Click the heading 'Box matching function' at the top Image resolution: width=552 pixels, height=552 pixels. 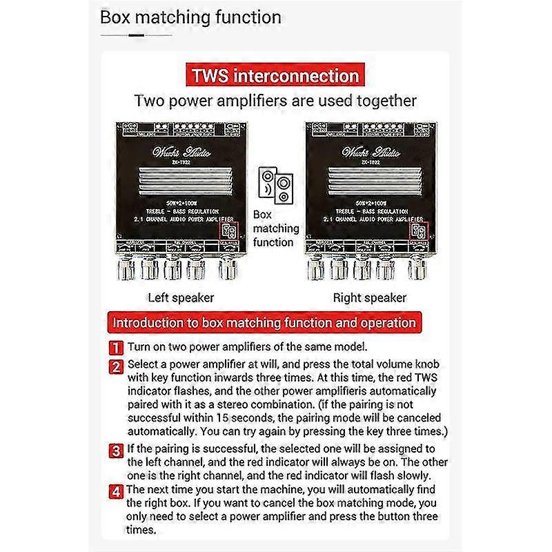pyautogui.click(x=190, y=17)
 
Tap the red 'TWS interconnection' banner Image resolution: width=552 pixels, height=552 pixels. pyautogui.click(x=275, y=75)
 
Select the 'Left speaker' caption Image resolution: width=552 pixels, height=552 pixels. pyautogui.click(x=181, y=298)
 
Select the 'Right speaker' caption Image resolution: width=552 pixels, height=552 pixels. pyautogui.click(x=369, y=298)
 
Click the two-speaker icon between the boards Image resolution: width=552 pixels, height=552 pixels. pyautogui.click(x=275, y=186)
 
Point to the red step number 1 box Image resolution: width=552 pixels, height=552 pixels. pyautogui.click(x=117, y=347)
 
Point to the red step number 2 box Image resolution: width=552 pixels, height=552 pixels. pyautogui.click(x=117, y=366)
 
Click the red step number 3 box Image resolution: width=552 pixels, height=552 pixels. pyautogui.click(x=117, y=451)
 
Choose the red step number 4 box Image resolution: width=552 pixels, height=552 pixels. pyautogui.click(x=117, y=491)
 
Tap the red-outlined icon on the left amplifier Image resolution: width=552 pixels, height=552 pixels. pyautogui.click(x=228, y=232)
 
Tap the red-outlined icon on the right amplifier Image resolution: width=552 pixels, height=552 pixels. pyautogui.click(x=417, y=232)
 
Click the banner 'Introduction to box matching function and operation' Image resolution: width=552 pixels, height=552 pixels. pyautogui.click(x=264, y=322)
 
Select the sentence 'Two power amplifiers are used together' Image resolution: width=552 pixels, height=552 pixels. pyautogui.click(x=275, y=101)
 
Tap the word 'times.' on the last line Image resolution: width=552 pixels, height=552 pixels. pyautogui.click(x=141, y=530)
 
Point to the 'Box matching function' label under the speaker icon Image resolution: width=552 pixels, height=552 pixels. pyautogui.click(x=276, y=228)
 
